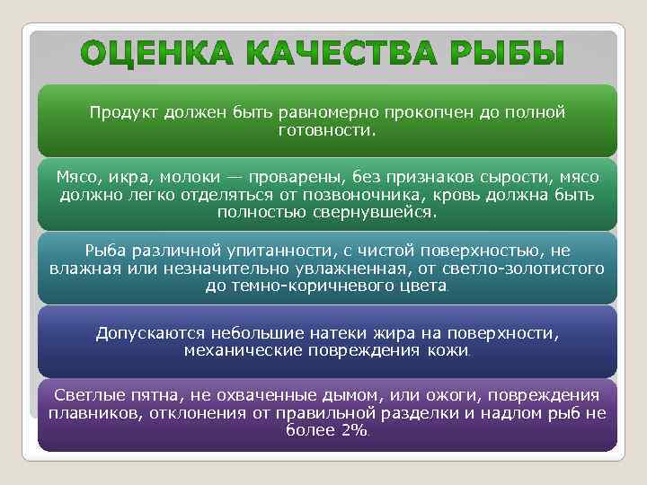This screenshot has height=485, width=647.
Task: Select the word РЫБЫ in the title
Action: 502,56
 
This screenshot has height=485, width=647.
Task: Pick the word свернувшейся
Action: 380,214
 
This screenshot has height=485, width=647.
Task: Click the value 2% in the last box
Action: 351,431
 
